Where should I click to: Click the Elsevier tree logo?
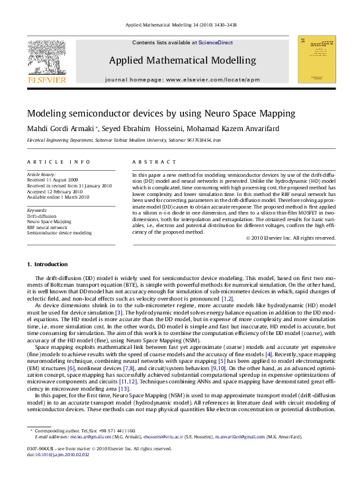(46, 58)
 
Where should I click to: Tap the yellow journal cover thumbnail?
(316, 60)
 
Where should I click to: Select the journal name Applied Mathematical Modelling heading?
(182, 60)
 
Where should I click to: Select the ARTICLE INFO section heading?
(50, 162)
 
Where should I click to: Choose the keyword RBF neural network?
(47, 227)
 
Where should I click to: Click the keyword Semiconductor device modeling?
(59, 233)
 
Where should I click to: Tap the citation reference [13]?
(123, 369)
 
